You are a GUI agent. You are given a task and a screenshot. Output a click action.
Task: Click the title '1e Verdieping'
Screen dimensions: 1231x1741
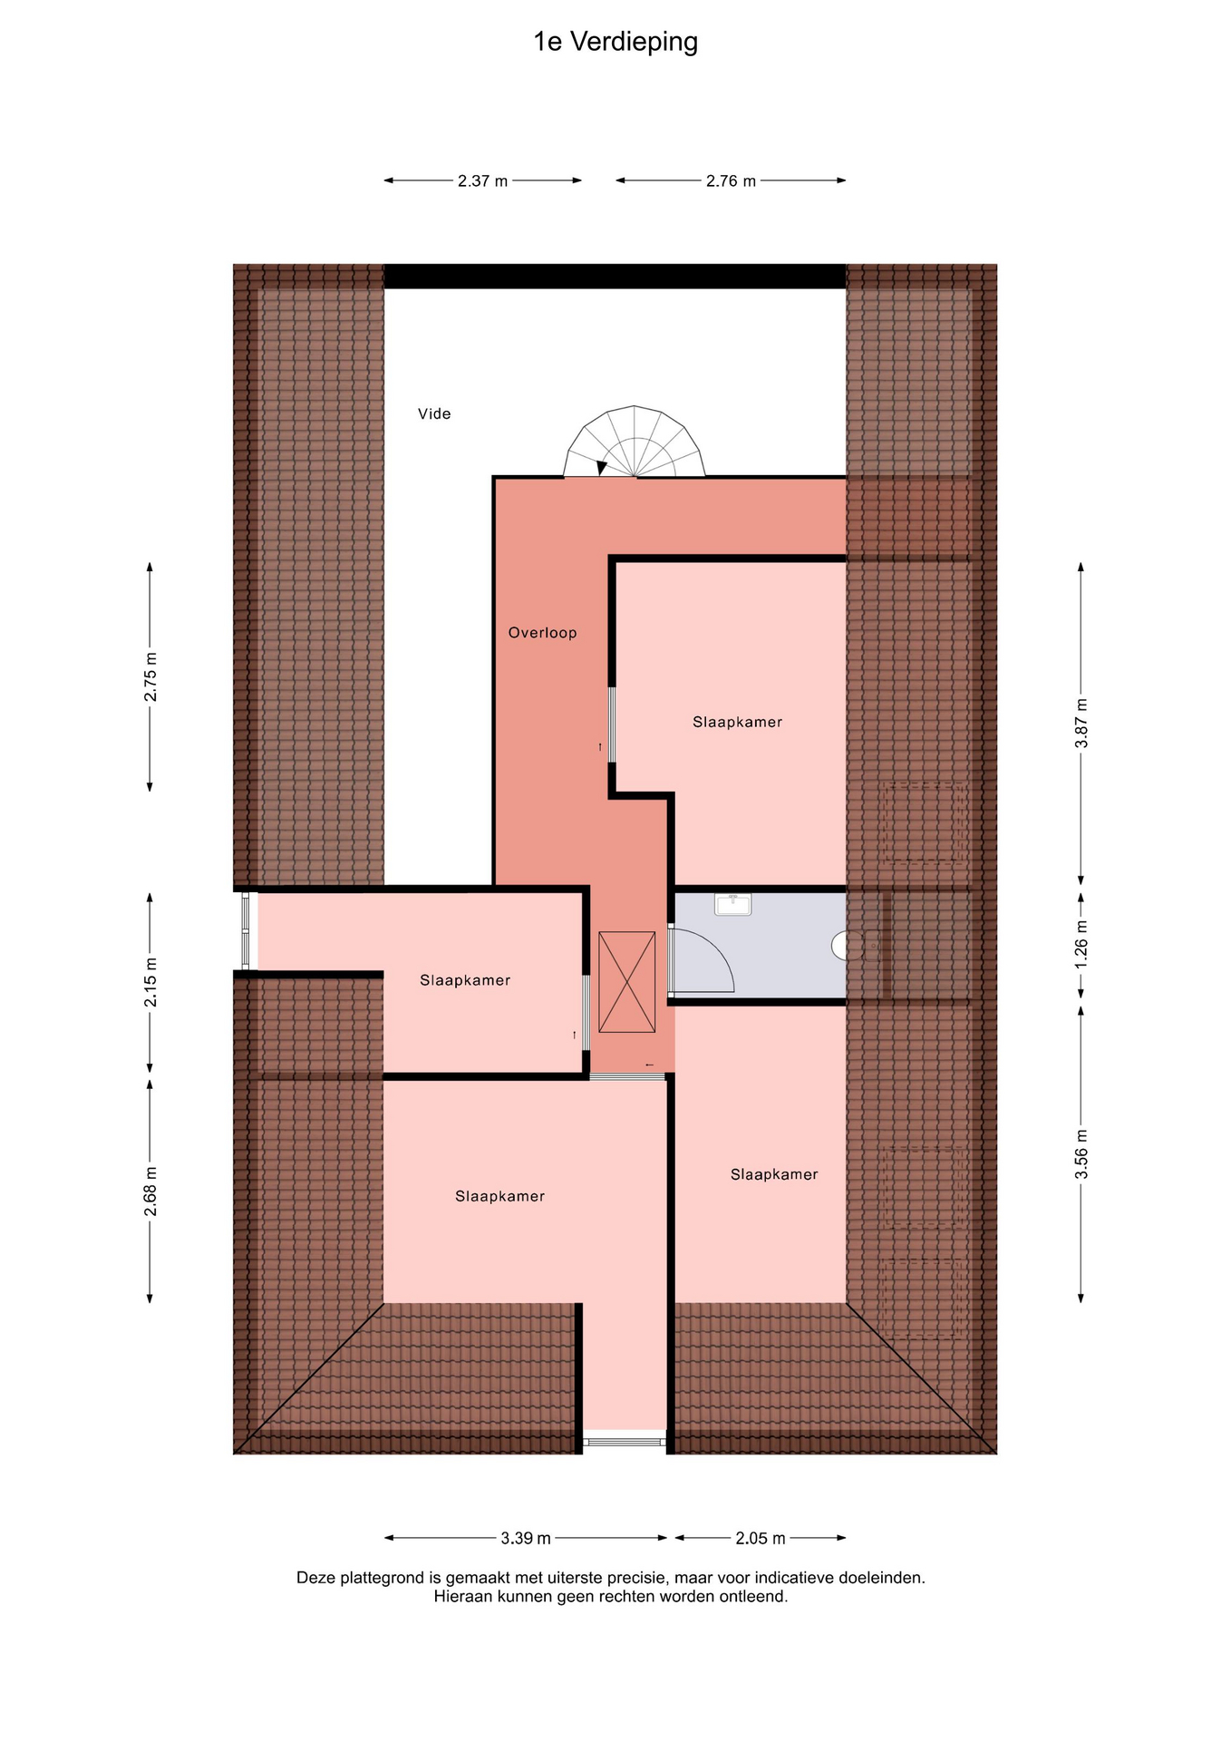615,43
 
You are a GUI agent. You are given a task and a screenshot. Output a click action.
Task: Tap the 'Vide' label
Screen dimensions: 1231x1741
434,413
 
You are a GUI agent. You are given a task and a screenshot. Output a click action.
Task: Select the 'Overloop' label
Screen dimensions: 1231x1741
542,633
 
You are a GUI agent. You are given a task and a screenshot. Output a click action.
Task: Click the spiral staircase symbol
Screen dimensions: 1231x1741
635,442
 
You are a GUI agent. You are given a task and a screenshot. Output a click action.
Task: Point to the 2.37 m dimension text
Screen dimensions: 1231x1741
482,180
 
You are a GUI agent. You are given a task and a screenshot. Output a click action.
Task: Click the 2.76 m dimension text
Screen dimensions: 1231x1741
731,180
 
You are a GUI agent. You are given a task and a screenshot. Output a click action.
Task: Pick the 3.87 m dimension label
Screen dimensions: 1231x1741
1081,723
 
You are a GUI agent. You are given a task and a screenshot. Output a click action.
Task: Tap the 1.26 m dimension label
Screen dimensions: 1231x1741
1081,943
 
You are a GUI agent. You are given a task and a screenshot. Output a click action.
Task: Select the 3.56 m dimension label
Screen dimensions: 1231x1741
1081,1153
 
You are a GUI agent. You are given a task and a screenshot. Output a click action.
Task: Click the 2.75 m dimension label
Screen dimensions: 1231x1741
150,676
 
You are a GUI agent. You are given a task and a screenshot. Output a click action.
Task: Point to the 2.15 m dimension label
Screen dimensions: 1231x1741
150,982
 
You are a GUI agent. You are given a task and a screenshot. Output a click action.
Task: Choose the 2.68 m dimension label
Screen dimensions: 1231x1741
150,1191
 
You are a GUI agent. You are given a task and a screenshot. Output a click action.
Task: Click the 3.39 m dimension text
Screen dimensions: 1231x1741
526,1538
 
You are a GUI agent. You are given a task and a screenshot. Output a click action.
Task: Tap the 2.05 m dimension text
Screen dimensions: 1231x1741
761,1538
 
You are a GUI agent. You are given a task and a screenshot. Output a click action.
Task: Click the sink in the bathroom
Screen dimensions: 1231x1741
732,904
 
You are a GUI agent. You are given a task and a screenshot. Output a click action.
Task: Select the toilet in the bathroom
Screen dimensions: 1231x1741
839,946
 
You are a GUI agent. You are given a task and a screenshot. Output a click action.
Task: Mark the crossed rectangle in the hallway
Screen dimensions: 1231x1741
626,982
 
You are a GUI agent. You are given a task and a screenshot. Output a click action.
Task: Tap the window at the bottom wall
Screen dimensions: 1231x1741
625,1441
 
